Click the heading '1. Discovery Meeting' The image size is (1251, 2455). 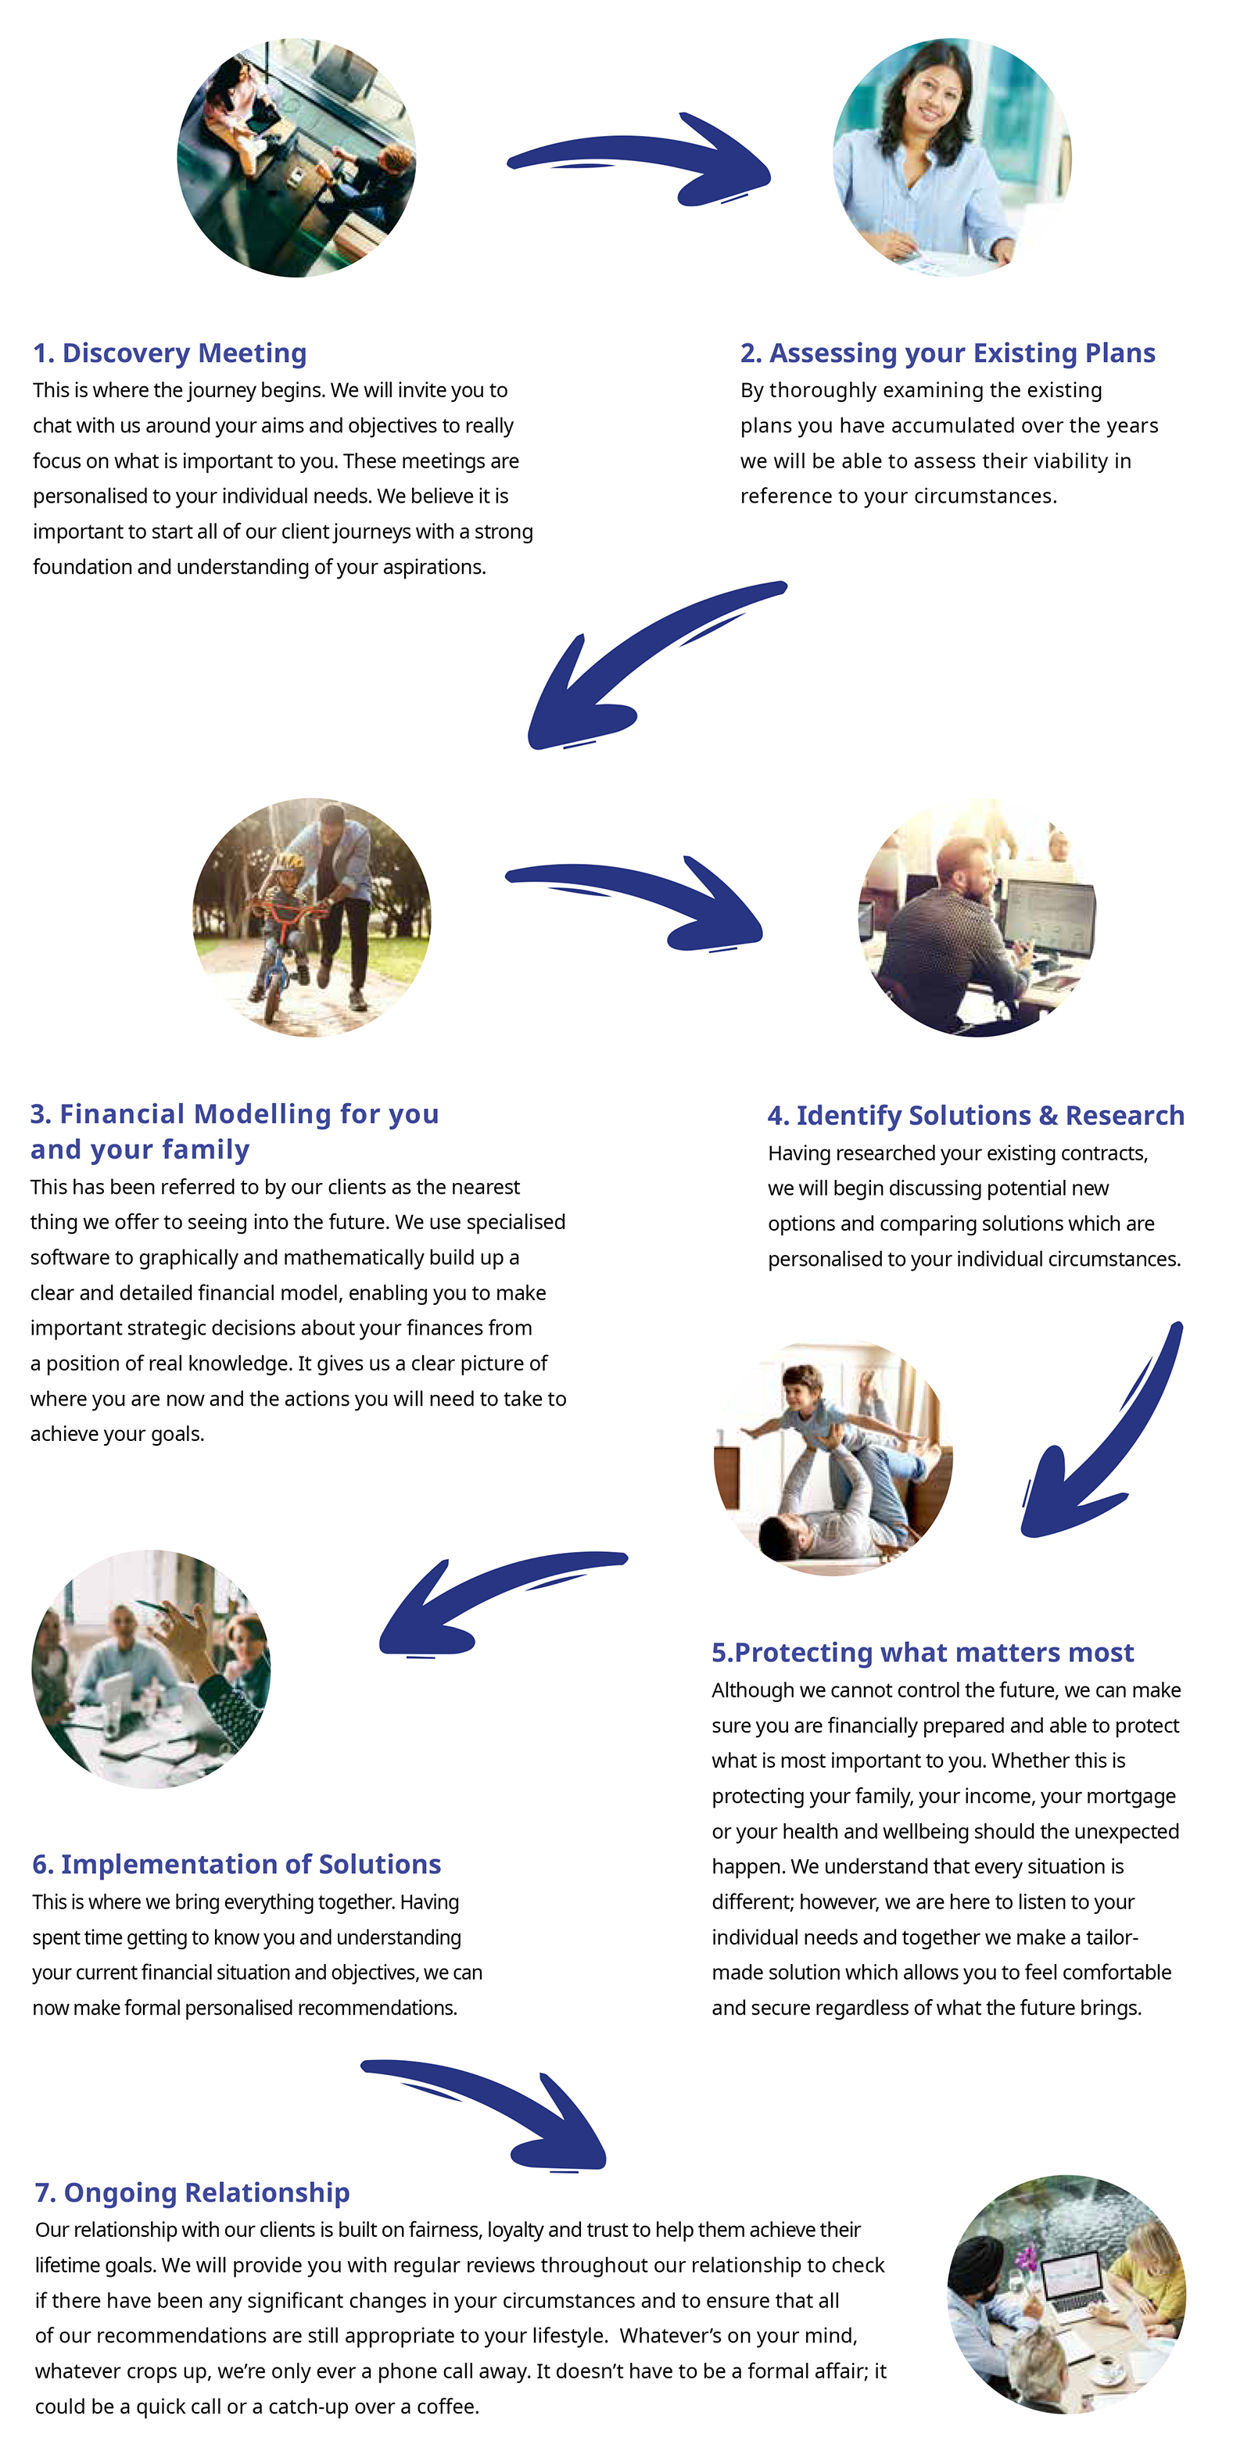(170, 353)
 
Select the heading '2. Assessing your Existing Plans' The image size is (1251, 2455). (947, 353)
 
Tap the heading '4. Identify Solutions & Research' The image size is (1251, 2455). (976, 1115)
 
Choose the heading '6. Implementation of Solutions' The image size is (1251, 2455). (236, 1864)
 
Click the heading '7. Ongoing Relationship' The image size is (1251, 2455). (192, 2192)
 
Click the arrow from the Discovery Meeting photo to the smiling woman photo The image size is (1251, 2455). (638, 157)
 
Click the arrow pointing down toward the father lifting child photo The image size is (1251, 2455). (1095, 1439)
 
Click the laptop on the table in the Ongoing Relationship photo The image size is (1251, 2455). (1072, 2282)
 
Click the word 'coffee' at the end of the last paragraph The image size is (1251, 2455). (446, 2407)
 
